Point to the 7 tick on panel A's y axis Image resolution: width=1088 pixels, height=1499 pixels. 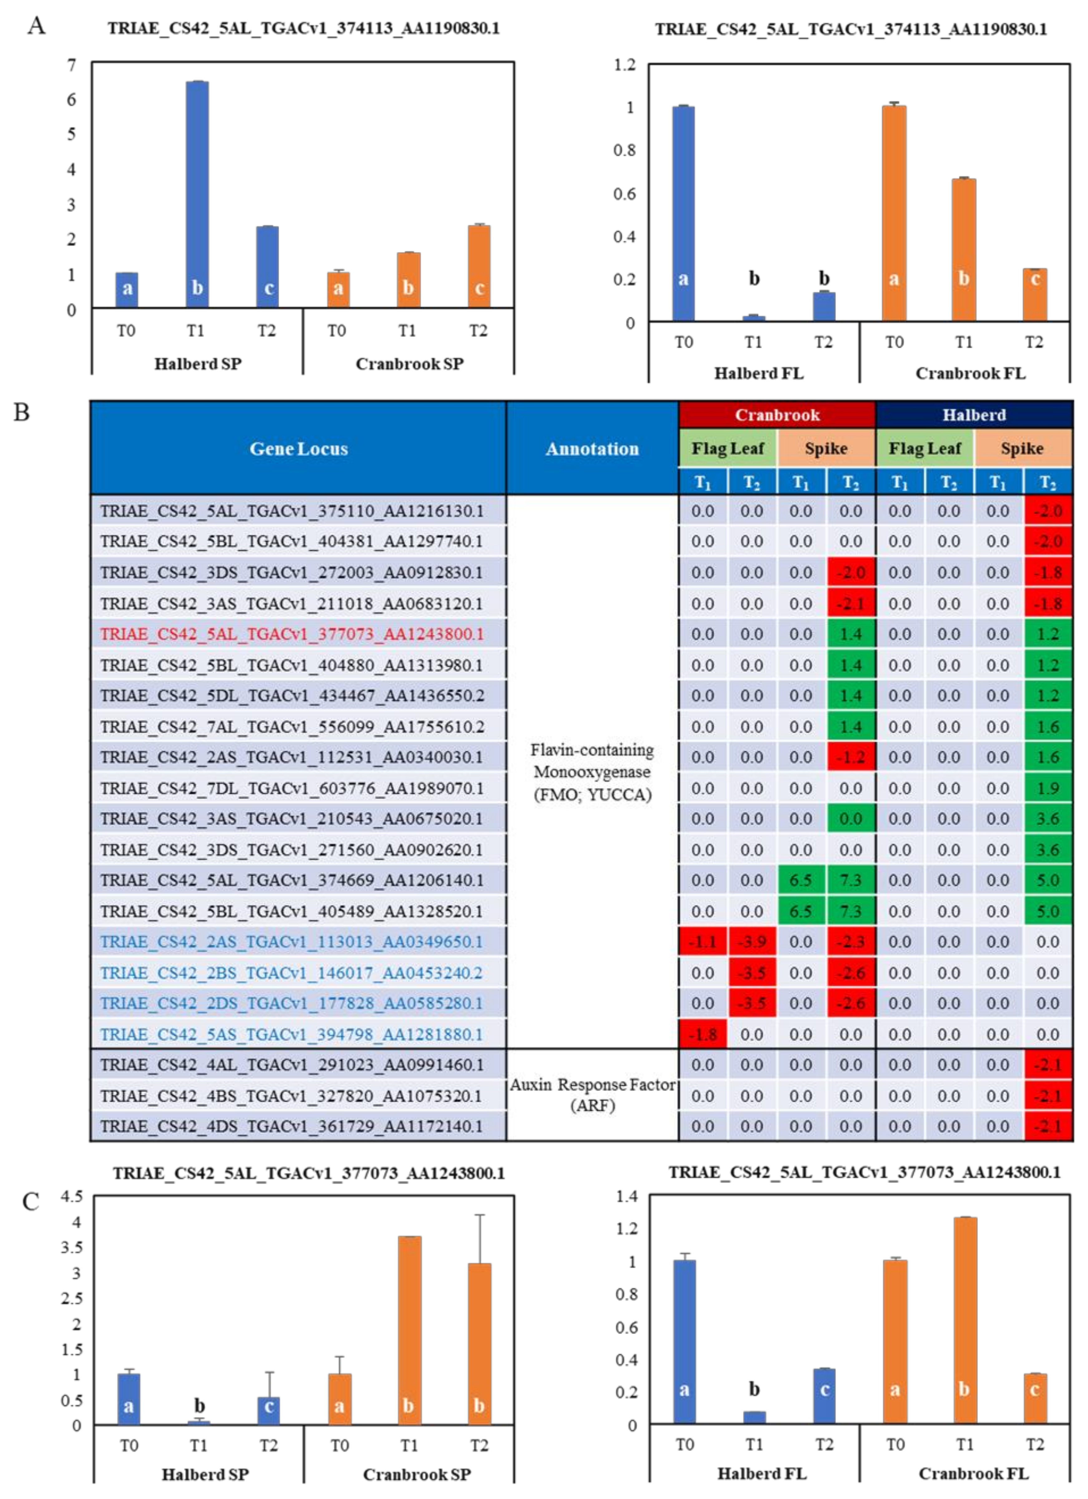pos(71,65)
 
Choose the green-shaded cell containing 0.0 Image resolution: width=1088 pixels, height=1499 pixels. pos(851,819)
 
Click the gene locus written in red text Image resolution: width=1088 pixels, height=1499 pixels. pos(292,634)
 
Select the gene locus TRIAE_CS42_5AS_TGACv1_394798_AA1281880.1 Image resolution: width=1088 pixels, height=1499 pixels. pos(292,1034)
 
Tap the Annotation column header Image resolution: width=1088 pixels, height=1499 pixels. pos(592,449)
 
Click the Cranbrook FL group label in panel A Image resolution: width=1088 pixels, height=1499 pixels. pos(970,374)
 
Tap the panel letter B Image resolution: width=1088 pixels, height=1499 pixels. pos(22,413)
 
